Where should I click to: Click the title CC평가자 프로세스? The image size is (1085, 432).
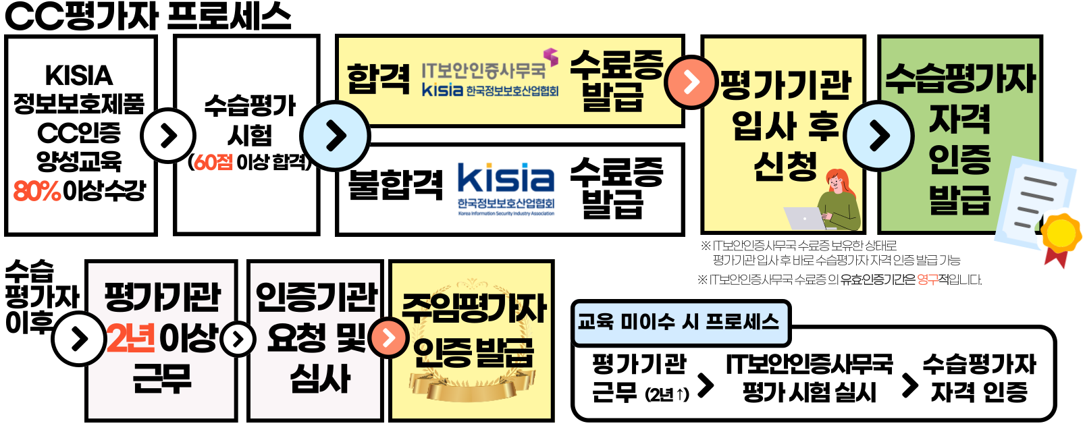tap(147, 16)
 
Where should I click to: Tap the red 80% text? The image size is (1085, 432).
tap(37, 191)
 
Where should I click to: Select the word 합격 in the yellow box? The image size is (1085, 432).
tap(378, 79)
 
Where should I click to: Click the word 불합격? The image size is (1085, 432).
tap(395, 184)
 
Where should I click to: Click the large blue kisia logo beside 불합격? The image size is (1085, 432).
tap(506, 179)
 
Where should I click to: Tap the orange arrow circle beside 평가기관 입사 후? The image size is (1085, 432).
tap(690, 82)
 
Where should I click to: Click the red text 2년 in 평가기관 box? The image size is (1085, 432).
tap(131, 338)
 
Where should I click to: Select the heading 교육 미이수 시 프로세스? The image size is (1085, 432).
tap(679, 321)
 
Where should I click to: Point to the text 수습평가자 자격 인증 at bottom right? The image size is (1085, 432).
tap(979, 378)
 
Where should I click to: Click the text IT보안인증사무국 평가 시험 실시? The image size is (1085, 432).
tap(809, 378)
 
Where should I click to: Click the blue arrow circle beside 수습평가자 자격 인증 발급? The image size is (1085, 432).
tap(878, 136)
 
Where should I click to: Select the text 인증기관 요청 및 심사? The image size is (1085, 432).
tap(317, 337)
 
